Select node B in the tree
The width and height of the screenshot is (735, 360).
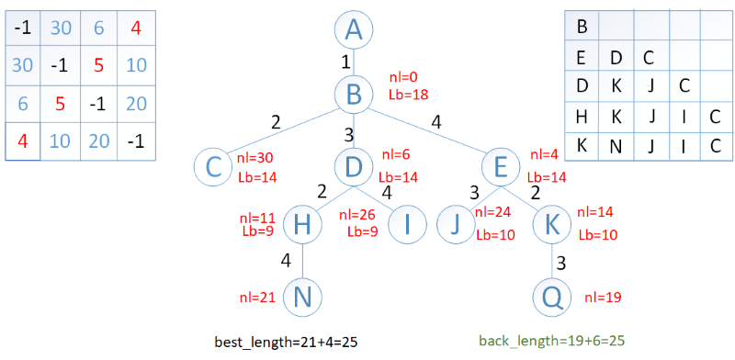pyautogui.click(x=354, y=94)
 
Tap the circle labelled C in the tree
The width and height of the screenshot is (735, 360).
pyautogui.click(x=213, y=167)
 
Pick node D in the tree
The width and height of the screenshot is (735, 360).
pyautogui.click(x=354, y=167)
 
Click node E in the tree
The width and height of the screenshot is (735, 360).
pyautogui.click(x=501, y=167)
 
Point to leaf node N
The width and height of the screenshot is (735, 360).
pyautogui.click(x=303, y=297)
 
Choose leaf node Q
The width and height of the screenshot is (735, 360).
pyautogui.click(x=553, y=297)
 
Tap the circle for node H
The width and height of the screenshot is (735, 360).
pyautogui.click(x=303, y=225)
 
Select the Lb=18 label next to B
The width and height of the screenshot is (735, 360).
pyautogui.click(x=408, y=94)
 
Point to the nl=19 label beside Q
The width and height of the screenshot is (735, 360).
pyautogui.click(x=603, y=297)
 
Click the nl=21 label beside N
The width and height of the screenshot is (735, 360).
pyautogui.click(x=257, y=297)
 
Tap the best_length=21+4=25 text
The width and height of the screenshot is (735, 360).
pyautogui.click(x=286, y=343)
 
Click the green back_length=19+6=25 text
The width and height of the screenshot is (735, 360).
pyautogui.click(x=552, y=341)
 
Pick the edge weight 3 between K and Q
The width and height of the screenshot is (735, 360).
pyautogui.click(x=561, y=263)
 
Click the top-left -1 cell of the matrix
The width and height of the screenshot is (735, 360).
pyautogui.click(x=22, y=28)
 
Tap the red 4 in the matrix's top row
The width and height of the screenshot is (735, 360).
pyautogui.click(x=136, y=28)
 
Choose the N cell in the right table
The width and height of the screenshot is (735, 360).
pyautogui.click(x=616, y=146)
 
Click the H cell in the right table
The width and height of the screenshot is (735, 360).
pyautogui.click(x=582, y=118)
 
